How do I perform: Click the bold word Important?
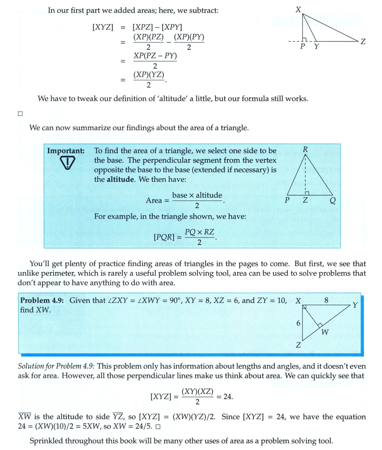coord(66,151)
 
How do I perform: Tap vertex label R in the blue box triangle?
coord(305,149)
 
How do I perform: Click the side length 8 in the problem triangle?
coord(326,301)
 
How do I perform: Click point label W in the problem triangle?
coord(324,333)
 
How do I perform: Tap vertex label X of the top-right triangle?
coord(298,9)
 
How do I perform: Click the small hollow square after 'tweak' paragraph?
coord(20,114)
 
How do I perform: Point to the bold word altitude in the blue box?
coord(121,179)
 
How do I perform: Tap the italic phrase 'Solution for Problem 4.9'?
coord(60,366)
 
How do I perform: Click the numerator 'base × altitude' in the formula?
coord(197,196)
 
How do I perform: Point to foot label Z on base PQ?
coord(305,200)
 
